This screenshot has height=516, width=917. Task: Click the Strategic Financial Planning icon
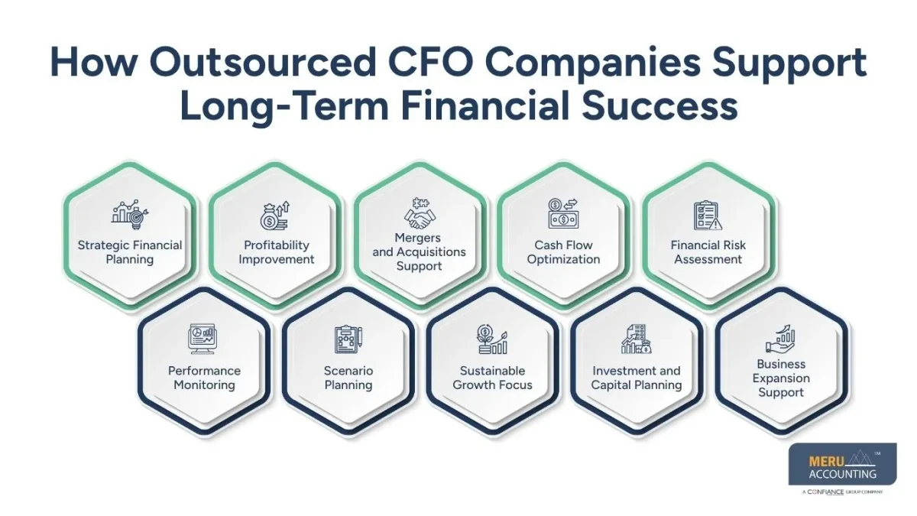(x=130, y=213)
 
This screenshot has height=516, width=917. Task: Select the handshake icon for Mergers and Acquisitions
(x=419, y=215)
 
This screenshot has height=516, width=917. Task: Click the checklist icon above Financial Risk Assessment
(x=708, y=216)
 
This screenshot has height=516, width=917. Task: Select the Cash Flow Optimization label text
(x=564, y=252)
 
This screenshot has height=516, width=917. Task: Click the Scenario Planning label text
(x=348, y=378)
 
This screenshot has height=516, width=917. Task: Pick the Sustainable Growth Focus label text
(x=492, y=378)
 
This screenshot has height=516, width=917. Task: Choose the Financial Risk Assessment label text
(x=708, y=252)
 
